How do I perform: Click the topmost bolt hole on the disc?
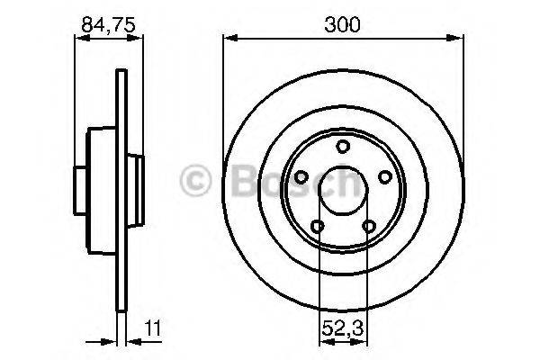343,148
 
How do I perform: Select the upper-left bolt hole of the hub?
302,177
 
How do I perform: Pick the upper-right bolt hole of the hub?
383,177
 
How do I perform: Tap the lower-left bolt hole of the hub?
318,225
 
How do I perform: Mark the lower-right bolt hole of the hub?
368,225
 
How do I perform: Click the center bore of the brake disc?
343,191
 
